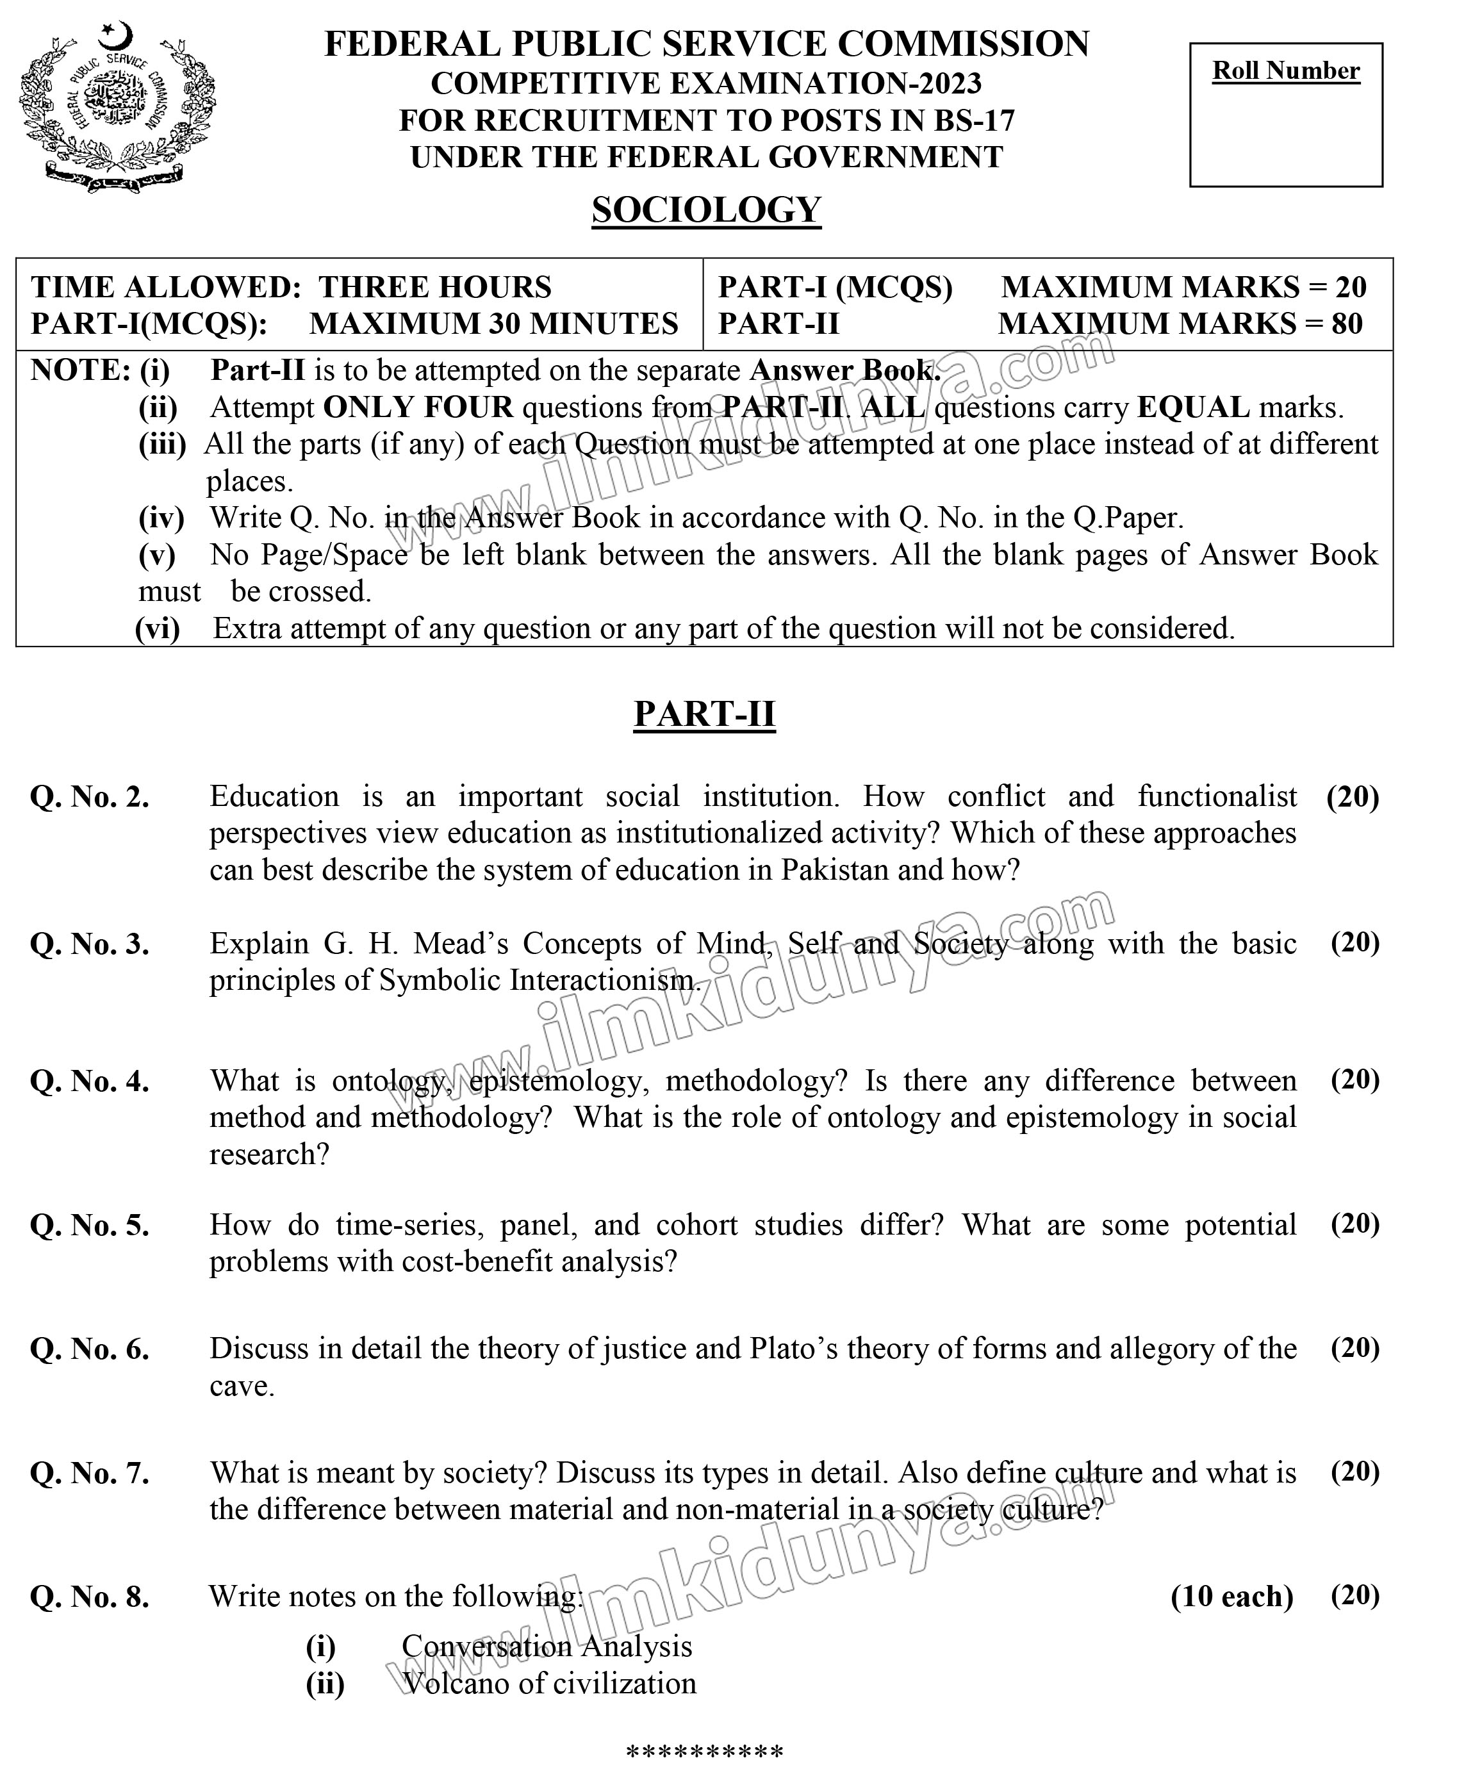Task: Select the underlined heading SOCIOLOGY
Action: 706,210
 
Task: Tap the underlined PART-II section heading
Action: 704,714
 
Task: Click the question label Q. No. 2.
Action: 90,796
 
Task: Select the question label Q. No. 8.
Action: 90,1596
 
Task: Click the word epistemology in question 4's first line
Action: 558,1081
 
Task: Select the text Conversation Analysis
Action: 547,1647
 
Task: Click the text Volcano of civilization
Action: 549,1683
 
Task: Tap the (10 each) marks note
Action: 1232,1596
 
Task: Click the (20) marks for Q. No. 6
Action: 1354,1347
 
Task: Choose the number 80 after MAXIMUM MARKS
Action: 1346,323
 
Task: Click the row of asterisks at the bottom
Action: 705,1753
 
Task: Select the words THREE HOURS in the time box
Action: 435,287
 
